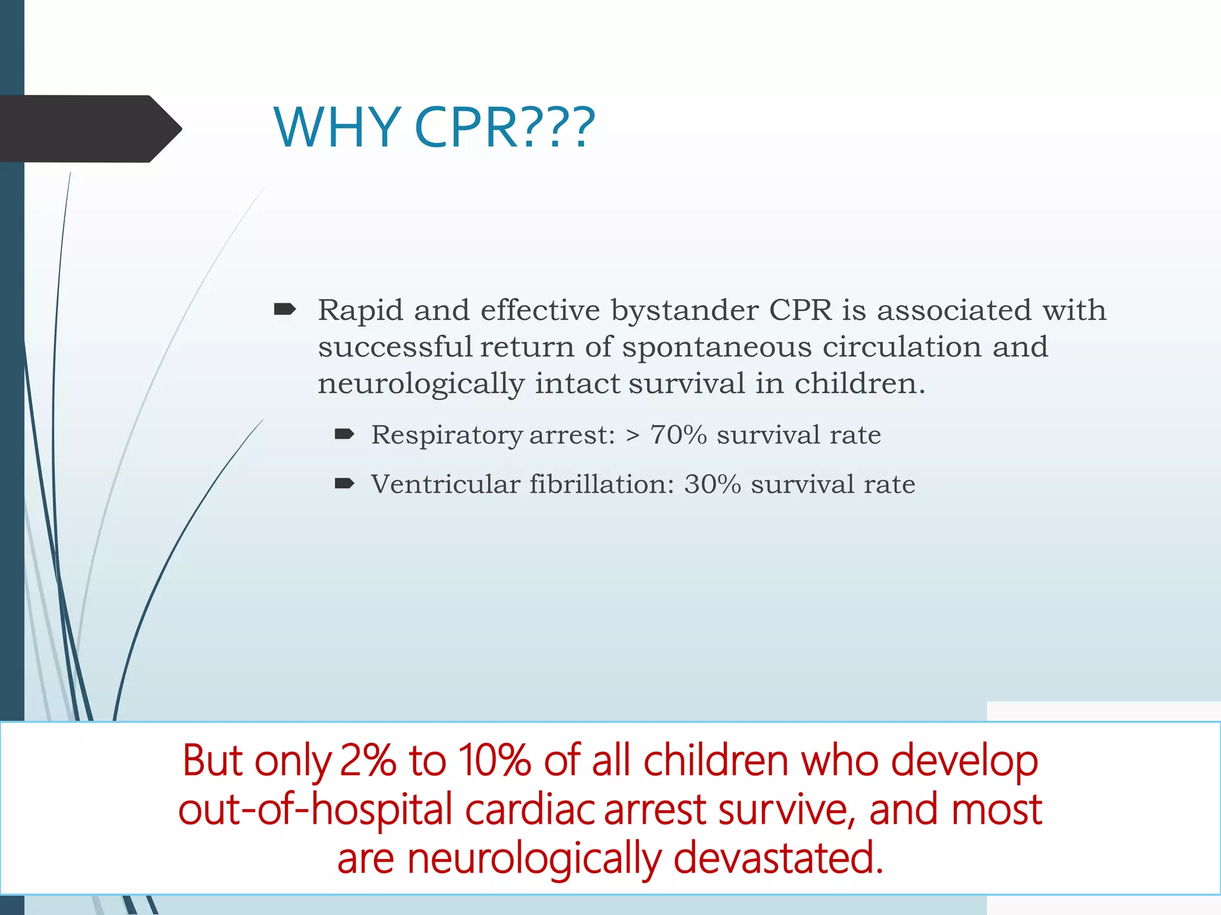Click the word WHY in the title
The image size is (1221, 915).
pos(337,127)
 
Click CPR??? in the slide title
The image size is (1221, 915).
pos(504,127)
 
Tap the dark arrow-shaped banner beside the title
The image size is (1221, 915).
pos(89,129)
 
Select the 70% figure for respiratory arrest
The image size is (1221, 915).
pos(678,435)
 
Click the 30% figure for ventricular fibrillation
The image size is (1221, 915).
pos(712,484)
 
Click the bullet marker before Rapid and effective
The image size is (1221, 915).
pos(285,309)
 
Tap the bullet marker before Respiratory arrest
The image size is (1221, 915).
pos(345,434)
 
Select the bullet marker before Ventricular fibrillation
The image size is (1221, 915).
pos(345,483)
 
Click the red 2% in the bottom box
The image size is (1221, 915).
pos(367,761)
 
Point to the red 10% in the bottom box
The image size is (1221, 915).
pos(494,761)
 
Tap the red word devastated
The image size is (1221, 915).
pos(777,858)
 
